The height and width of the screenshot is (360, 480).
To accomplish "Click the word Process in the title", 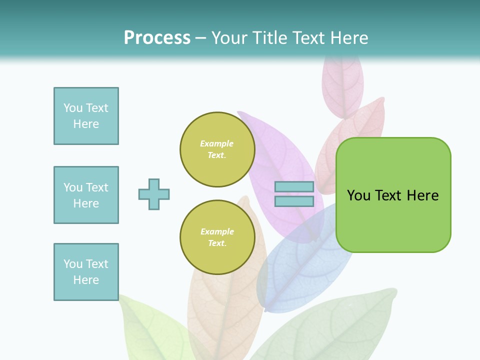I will click(x=157, y=37).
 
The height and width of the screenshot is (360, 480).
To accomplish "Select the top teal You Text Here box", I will click(x=86, y=116).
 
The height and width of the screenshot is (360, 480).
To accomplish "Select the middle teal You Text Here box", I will click(x=86, y=195).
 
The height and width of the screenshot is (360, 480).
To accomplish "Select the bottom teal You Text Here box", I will click(x=86, y=272).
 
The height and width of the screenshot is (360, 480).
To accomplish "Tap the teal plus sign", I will click(x=154, y=194).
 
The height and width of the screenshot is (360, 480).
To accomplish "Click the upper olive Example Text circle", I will click(x=217, y=149).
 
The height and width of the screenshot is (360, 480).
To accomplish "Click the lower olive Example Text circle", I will click(x=217, y=237).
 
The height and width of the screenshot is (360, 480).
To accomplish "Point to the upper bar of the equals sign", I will click(x=294, y=187).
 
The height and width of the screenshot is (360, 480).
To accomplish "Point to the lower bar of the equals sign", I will click(x=294, y=201).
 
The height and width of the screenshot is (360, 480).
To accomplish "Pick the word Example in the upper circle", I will click(x=216, y=143).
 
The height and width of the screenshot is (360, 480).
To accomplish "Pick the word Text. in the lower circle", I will click(x=217, y=243).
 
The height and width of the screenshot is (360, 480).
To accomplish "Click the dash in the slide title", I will click(x=200, y=38).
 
